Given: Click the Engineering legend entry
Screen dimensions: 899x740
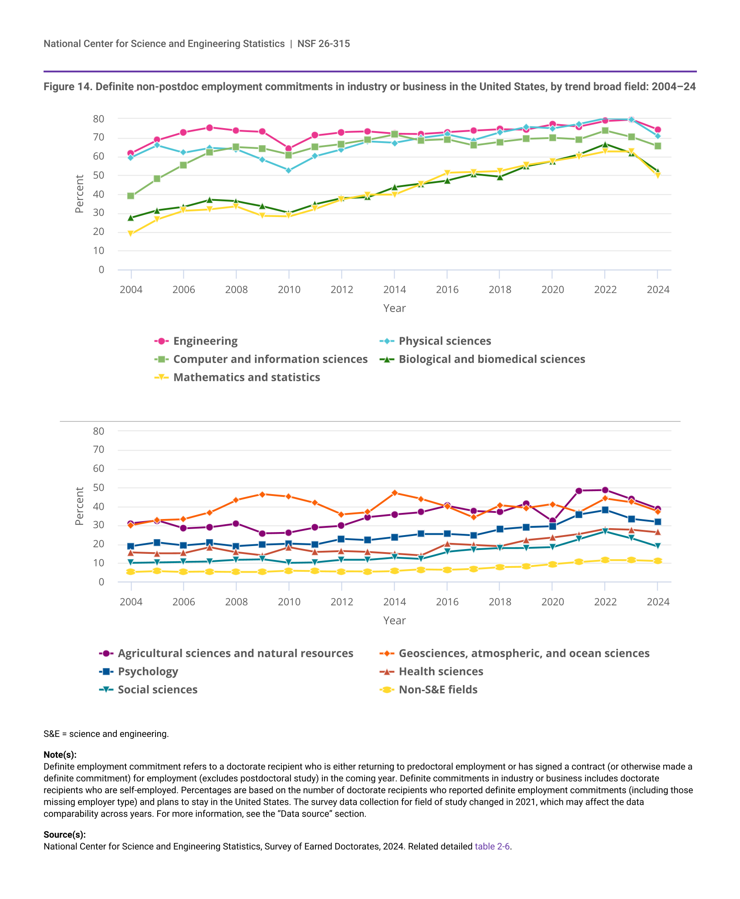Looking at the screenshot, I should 205,341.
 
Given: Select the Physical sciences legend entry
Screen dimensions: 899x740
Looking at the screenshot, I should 445,341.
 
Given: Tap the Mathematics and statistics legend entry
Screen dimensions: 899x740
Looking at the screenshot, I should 247,377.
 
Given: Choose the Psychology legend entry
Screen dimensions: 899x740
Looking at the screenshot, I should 148,672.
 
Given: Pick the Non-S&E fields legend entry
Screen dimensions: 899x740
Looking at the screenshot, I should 438,690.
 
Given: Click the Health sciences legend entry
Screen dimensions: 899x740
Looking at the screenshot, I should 441,672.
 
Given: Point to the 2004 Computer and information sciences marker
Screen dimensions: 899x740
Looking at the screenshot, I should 131,196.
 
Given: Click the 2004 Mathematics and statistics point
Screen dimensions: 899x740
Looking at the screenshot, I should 131,234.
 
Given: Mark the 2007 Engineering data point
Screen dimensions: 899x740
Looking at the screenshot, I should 209,128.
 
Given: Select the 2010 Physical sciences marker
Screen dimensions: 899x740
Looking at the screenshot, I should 288,170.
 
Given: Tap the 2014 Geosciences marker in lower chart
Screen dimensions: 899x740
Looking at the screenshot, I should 394,493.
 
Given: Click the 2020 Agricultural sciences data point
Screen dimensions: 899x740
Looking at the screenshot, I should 552,521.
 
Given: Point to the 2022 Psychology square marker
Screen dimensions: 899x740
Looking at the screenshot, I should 605,510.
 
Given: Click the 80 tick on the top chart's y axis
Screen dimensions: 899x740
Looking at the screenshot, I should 98,119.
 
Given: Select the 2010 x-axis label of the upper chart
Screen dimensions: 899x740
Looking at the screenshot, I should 289,290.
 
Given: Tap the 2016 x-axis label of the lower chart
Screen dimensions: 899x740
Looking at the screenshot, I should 447,602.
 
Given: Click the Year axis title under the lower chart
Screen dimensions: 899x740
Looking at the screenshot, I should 394,621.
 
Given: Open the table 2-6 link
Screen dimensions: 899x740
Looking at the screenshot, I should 492,846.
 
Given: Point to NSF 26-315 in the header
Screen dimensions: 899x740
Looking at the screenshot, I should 324,44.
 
